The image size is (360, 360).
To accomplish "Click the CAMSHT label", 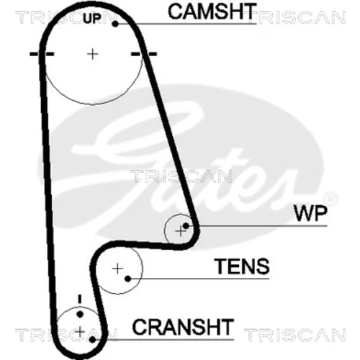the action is pos(212,12).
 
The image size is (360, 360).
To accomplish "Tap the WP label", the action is pos(310,213).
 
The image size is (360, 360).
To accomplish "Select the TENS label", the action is pos(242,266).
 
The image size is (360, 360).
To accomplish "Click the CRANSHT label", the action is pos(183,327).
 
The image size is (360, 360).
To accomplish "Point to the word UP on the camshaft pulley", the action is pos(92,19).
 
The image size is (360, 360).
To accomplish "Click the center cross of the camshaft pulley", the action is pos(92,54).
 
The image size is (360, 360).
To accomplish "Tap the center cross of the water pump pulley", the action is pos(180,232).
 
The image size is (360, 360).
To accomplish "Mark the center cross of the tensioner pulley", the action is pos(117,269).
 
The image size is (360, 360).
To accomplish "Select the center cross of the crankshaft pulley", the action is pos(80,332).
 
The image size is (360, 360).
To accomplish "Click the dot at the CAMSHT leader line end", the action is pos(115,24).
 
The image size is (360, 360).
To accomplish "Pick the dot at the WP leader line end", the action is pos(186,225).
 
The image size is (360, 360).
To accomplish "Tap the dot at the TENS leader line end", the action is pos(128,279).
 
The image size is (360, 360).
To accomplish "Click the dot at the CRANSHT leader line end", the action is pos(92,340).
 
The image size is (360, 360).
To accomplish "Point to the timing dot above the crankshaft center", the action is pos(80,314).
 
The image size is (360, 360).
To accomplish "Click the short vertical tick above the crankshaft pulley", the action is pos(80,299).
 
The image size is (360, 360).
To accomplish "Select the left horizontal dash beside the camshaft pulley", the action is pos(42,54).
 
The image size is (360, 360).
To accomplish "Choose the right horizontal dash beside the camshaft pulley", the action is pos(144,54).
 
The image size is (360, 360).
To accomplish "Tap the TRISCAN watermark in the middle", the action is pos(181,176).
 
